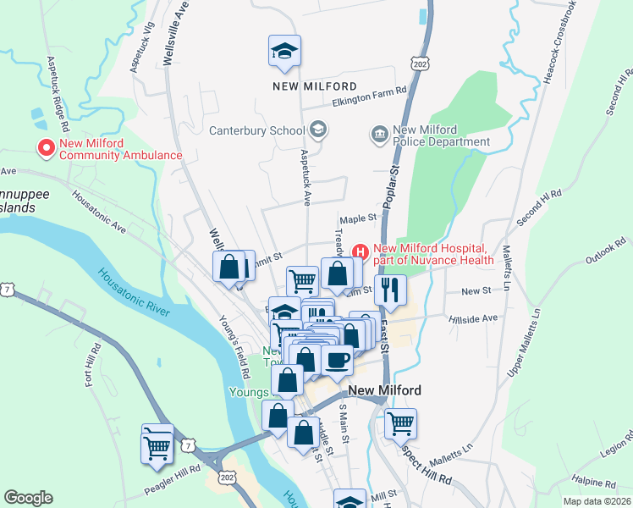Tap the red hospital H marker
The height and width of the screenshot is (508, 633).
[360, 251]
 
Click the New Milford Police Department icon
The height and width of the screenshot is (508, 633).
[378, 134]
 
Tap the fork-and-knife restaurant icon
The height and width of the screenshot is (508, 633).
[390, 290]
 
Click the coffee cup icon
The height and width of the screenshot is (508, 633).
[337, 361]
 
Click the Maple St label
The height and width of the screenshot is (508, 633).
[357, 218]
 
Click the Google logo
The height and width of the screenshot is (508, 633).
[29, 497]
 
